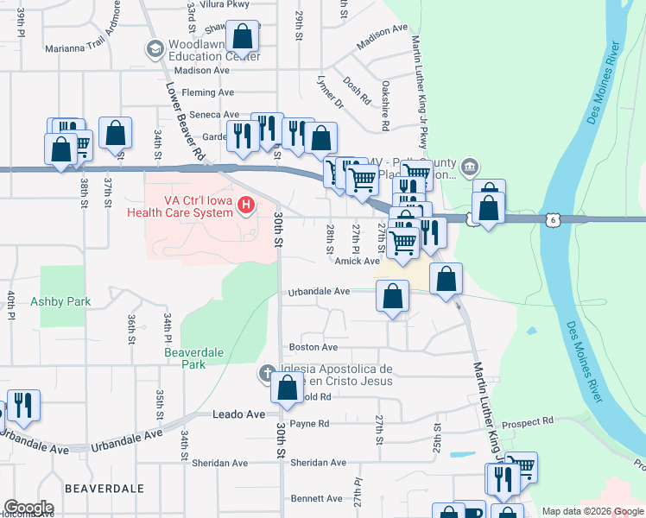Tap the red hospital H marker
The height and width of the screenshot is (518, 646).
(247, 205)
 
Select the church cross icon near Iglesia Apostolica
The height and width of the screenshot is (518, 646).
(269, 374)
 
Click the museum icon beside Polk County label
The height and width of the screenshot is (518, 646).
(469, 166)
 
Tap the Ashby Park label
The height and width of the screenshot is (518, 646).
(61, 301)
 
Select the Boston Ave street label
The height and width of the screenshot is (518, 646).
(313, 347)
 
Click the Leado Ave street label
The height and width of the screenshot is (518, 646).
(238, 415)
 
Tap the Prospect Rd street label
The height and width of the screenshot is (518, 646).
(529, 422)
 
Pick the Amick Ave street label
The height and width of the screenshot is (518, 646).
(358, 261)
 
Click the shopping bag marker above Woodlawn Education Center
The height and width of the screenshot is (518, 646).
(243, 37)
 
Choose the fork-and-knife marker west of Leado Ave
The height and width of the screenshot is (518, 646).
(22, 404)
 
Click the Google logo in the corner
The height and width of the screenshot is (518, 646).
(28, 508)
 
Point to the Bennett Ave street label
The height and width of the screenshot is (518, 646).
(316, 499)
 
